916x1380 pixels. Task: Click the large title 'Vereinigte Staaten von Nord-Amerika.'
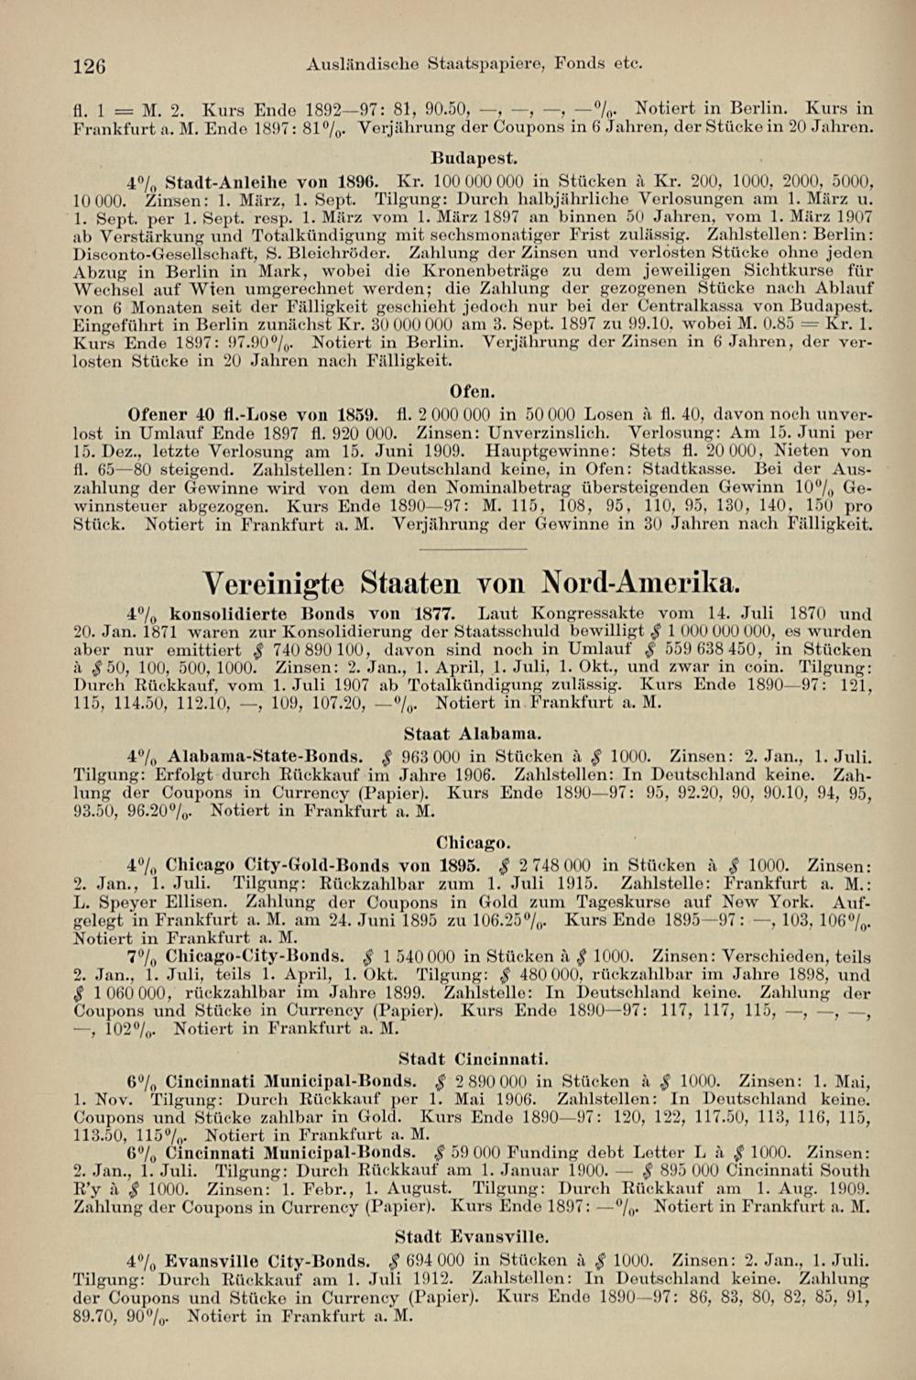[473, 583]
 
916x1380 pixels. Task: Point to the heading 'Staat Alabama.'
[473, 733]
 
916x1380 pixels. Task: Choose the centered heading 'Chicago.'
[474, 841]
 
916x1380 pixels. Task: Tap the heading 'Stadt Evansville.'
[473, 1237]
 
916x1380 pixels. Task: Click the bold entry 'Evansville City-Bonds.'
[268, 1261]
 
